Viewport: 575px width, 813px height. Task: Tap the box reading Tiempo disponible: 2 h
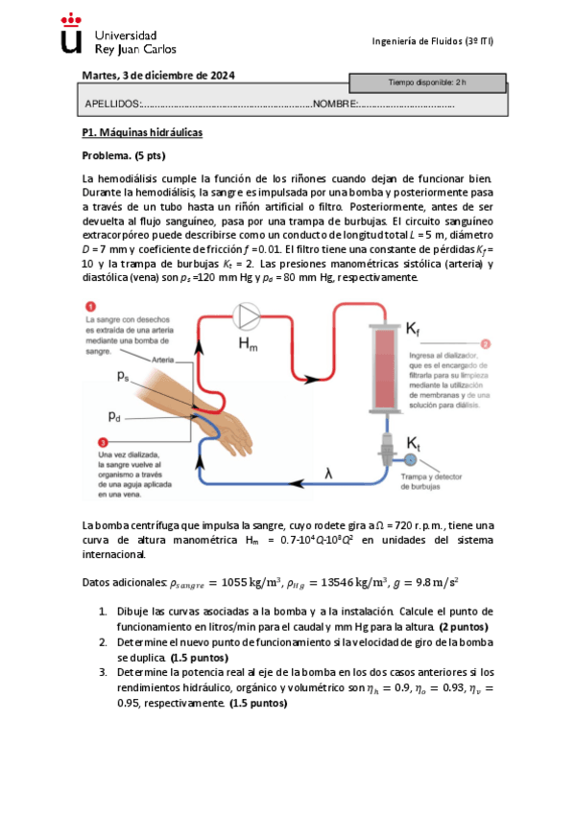(426, 83)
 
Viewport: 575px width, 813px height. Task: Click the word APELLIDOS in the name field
(112, 104)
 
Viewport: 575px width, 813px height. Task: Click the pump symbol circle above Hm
(249, 315)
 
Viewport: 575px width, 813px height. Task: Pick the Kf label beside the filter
(412, 329)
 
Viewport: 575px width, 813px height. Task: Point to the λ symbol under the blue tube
(328, 473)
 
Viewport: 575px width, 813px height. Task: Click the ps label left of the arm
(124, 377)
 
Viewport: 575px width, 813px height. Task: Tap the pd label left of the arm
(115, 417)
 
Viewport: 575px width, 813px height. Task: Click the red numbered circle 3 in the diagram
(88, 441)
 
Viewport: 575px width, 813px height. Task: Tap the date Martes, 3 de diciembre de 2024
(158, 76)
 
